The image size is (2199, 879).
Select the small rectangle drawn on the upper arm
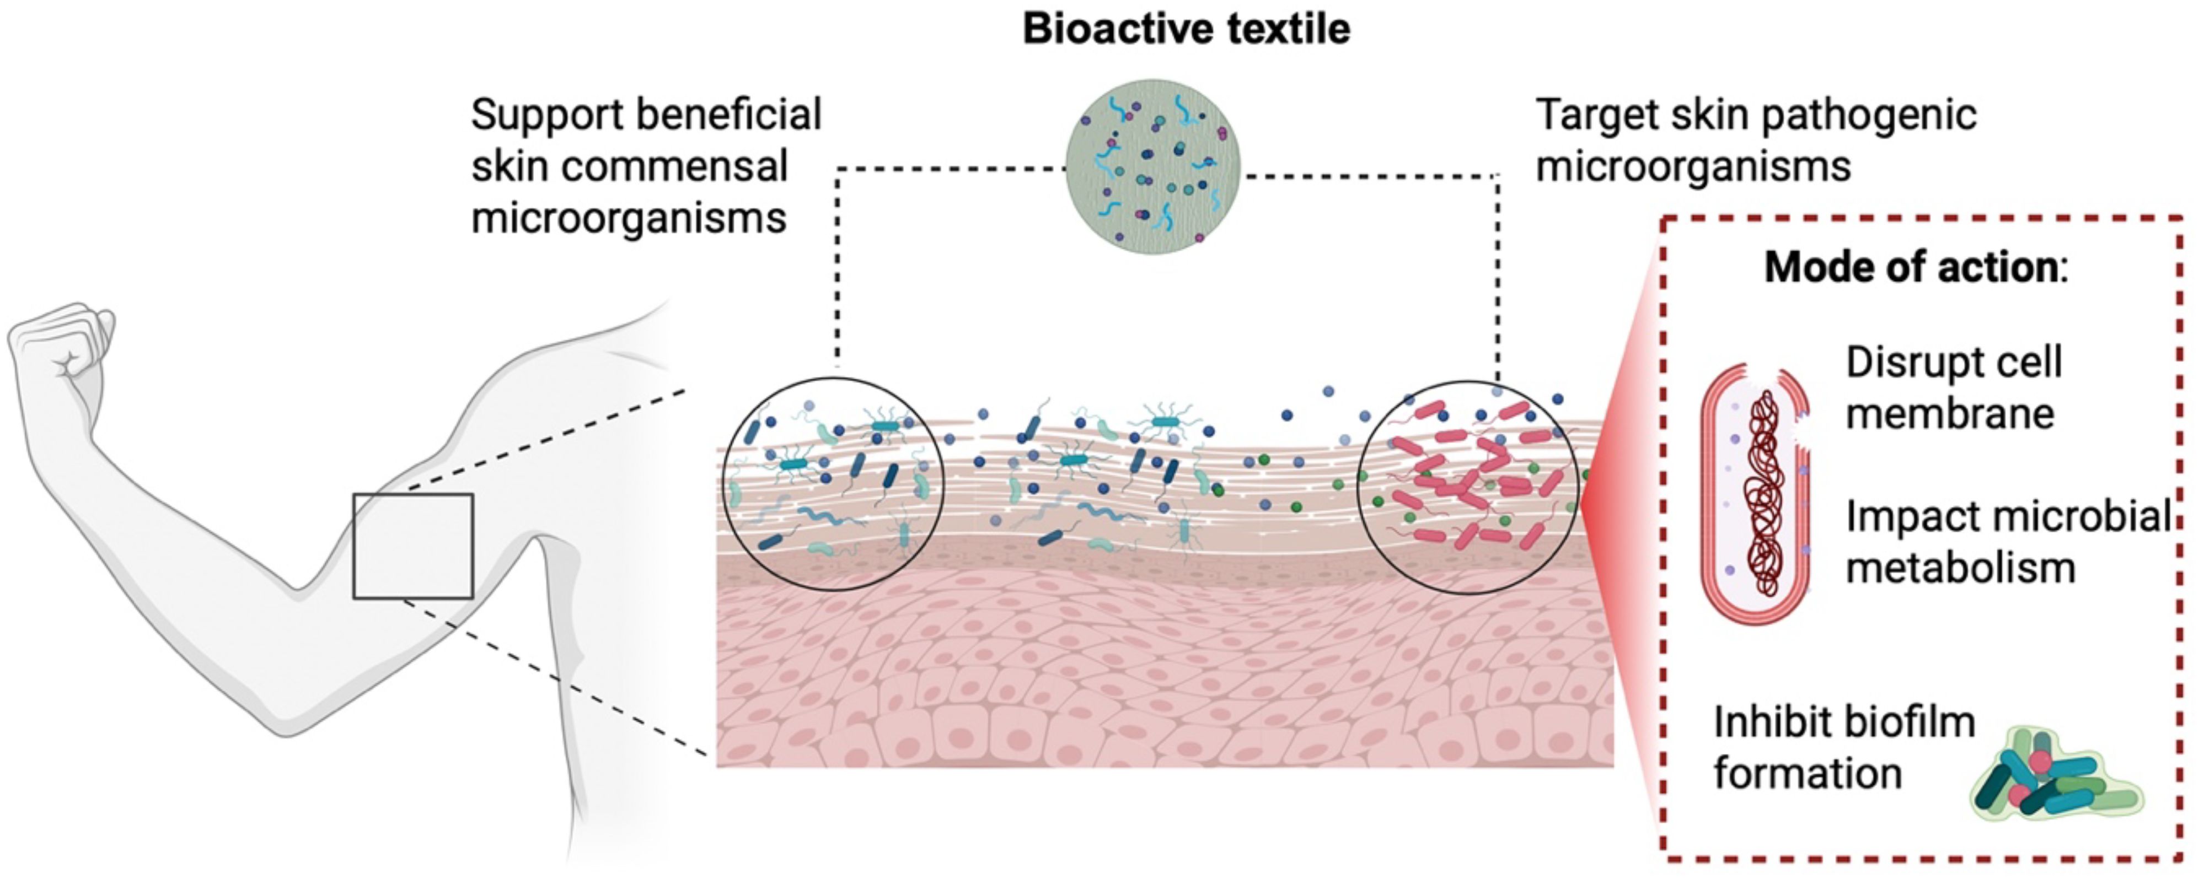pos(413,546)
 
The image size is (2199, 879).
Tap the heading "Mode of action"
pos(1911,267)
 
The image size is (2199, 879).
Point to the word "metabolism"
pos(1960,568)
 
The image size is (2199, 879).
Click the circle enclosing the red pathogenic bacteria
pos(1467,487)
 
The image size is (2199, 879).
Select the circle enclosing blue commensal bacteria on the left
pos(833,484)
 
